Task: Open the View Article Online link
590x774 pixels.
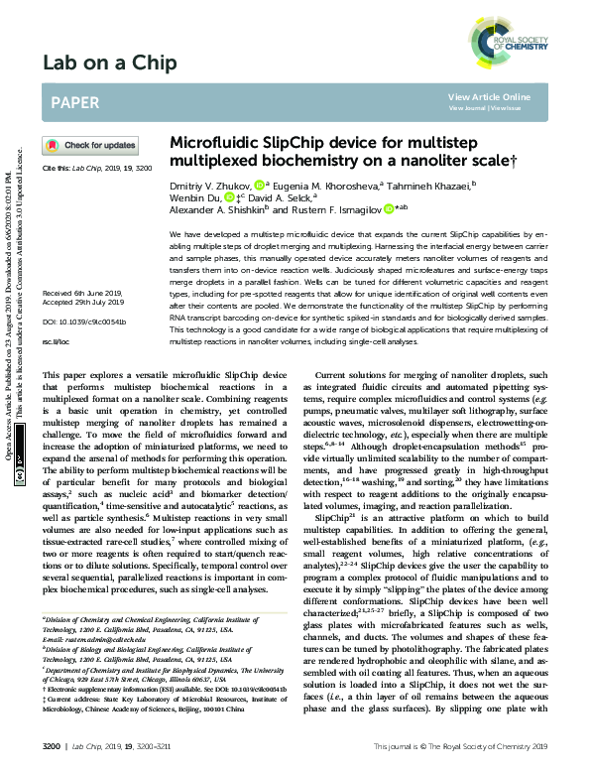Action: click(x=489, y=96)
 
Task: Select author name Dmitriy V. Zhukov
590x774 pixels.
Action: click(x=210, y=185)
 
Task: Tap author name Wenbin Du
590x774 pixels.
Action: click(x=196, y=197)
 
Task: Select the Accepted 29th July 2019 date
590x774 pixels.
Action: click(x=81, y=274)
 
